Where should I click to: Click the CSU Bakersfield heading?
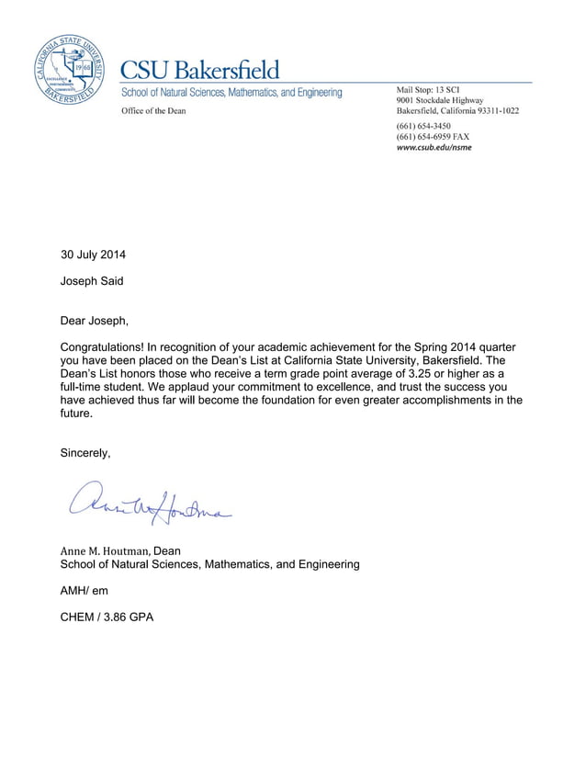pyautogui.click(x=201, y=70)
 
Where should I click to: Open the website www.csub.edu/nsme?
pyautogui.click(x=434, y=147)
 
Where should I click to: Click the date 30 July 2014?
pyautogui.click(x=93, y=255)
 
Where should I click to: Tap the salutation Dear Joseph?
pyautogui.click(x=95, y=321)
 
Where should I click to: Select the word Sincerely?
pyautogui.click(x=85, y=453)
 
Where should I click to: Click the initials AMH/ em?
pyautogui.click(x=84, y=590)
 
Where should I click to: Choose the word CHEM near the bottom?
pyautogui.click(x=78, y=617)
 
